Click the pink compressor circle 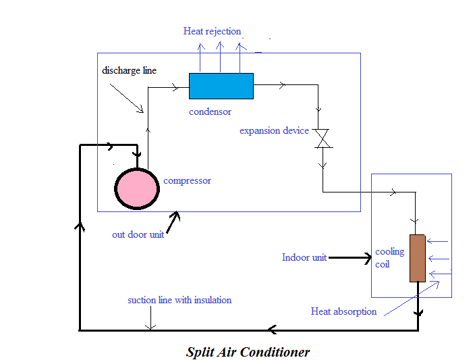click(x=137, y=188)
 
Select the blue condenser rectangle click(x=221, y=86)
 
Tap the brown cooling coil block click(x=417, y=258)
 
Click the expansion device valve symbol click(x=323, y=138)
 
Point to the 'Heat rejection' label click(x=211, y=31)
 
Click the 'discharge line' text click(x=130, y=70)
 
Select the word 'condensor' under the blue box click(x=210, y=111)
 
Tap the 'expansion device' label click(x=274, y=130)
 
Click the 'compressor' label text click(x=187, y=180)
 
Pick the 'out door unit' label click(x=138, y=235)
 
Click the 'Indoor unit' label click(x=304, y=257)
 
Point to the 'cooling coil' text click(x=389, y=257)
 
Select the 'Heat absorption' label click(x=343, y=311)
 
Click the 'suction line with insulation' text click(x=179, y=300)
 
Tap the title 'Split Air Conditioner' click(x=248, y=352)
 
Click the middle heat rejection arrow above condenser click(x=220, y=57)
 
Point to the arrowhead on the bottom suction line click(x=271, y=330)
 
